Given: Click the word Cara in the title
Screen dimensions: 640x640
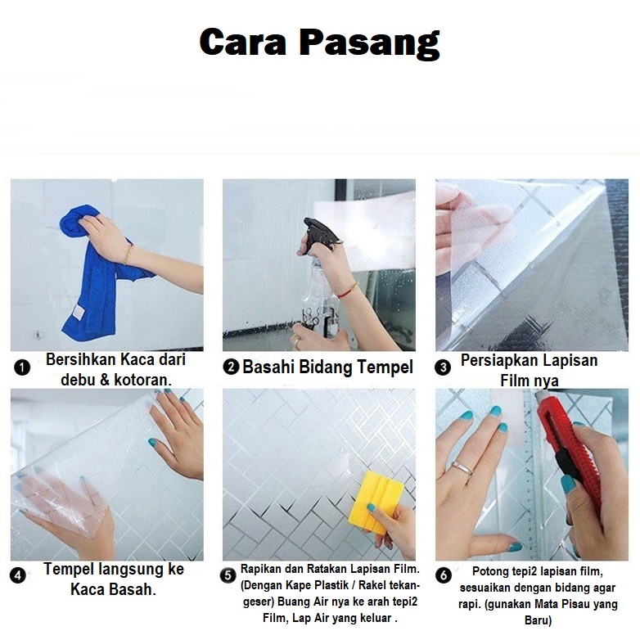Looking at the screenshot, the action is coord(242,42).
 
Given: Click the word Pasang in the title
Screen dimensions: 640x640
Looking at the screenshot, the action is coord(370,44).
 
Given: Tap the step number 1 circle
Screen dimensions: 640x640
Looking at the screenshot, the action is coord(22,367).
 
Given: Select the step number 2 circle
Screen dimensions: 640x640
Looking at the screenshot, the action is coord(231,367).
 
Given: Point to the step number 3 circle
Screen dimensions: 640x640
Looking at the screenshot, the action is coord(443,367).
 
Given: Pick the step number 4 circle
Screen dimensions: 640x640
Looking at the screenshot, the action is coord(17,575).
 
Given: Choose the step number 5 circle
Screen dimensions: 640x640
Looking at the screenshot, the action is coord(228,575).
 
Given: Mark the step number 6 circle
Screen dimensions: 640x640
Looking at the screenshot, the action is coord(444,575).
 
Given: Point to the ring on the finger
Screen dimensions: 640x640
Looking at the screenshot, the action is coord(462,468).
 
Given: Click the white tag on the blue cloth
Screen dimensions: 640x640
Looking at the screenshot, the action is coord(77,313).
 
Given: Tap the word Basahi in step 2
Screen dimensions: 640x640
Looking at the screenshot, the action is coord(268,367).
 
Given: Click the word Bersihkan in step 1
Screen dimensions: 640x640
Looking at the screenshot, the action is coord(80,359).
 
